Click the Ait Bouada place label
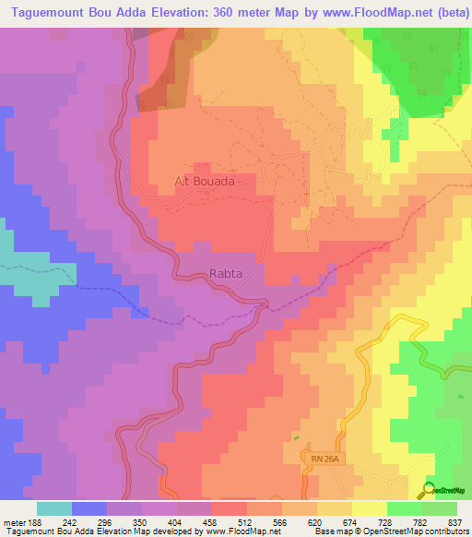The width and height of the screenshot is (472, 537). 205,182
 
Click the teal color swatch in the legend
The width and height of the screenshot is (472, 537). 54,508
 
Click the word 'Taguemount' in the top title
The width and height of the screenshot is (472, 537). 46,13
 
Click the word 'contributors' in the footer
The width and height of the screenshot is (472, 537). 442,531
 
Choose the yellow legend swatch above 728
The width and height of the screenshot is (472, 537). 369,508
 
